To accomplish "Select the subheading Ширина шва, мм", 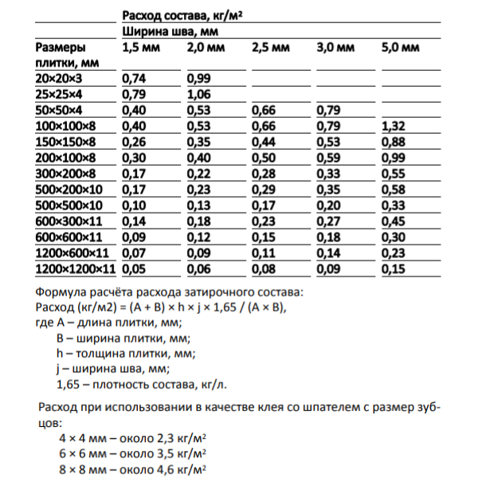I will (170, 32).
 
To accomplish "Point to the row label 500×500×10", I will (73, 206).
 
